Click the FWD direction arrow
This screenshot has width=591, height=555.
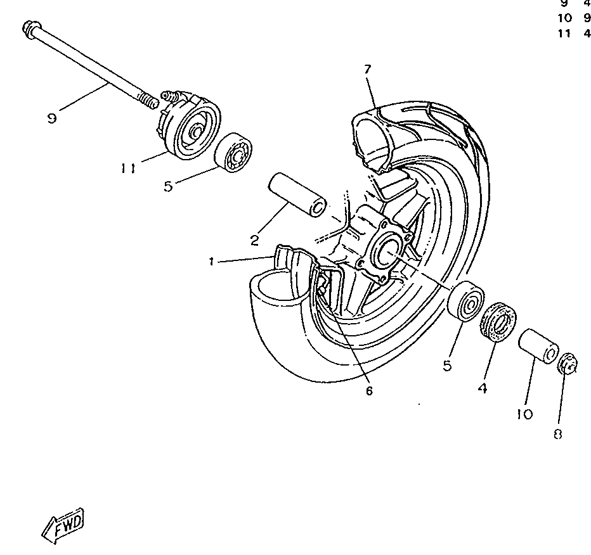[x=63, y=525]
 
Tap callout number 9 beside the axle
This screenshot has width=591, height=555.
[x=52, y=118]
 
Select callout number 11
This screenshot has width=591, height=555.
[x=129, y=169]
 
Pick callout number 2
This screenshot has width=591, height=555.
[x=254, y=240]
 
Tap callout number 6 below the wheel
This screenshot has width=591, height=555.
[x=369, y=390]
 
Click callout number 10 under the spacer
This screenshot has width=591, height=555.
[x=524, y=414]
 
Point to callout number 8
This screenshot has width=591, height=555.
[x=558, y=434]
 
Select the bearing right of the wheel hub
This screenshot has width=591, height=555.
[x=466, y=301]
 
